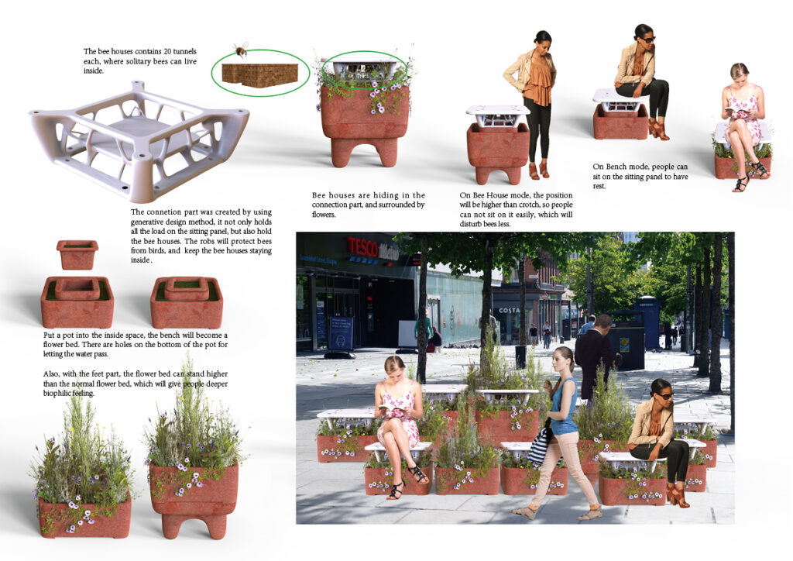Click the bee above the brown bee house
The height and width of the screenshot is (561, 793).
pos(240,50)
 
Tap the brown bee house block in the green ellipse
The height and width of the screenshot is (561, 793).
pos(260,75)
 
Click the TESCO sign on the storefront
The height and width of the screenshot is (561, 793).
pos(362,249)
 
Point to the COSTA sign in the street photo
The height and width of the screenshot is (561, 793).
pos(510,310)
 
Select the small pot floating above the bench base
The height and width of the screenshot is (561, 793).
pos(77,254)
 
